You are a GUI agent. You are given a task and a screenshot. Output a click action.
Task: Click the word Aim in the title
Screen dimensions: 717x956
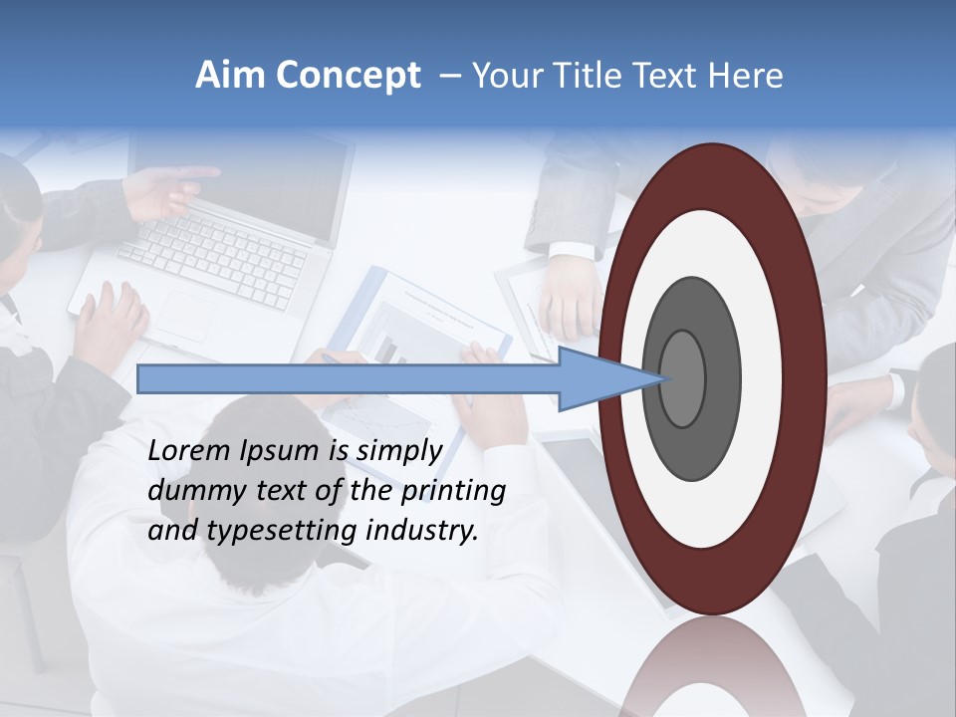pos(231,76)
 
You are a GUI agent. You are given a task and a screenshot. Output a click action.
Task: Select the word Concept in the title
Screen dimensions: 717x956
pos(349,77)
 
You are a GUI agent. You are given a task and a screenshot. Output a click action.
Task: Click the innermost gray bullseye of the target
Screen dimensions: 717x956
pos(683,378)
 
